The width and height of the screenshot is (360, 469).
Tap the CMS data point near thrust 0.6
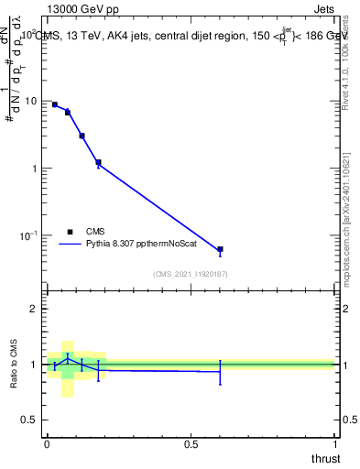220,249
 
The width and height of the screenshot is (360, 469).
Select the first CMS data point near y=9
55,104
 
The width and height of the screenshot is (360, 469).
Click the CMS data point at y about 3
82,136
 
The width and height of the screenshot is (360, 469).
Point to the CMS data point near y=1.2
98,162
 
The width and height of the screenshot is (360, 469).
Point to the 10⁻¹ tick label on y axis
30,235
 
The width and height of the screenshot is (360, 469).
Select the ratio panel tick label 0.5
32,420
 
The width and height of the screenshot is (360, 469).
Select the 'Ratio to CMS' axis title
14,365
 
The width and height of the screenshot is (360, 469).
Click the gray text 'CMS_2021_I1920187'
190,274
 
